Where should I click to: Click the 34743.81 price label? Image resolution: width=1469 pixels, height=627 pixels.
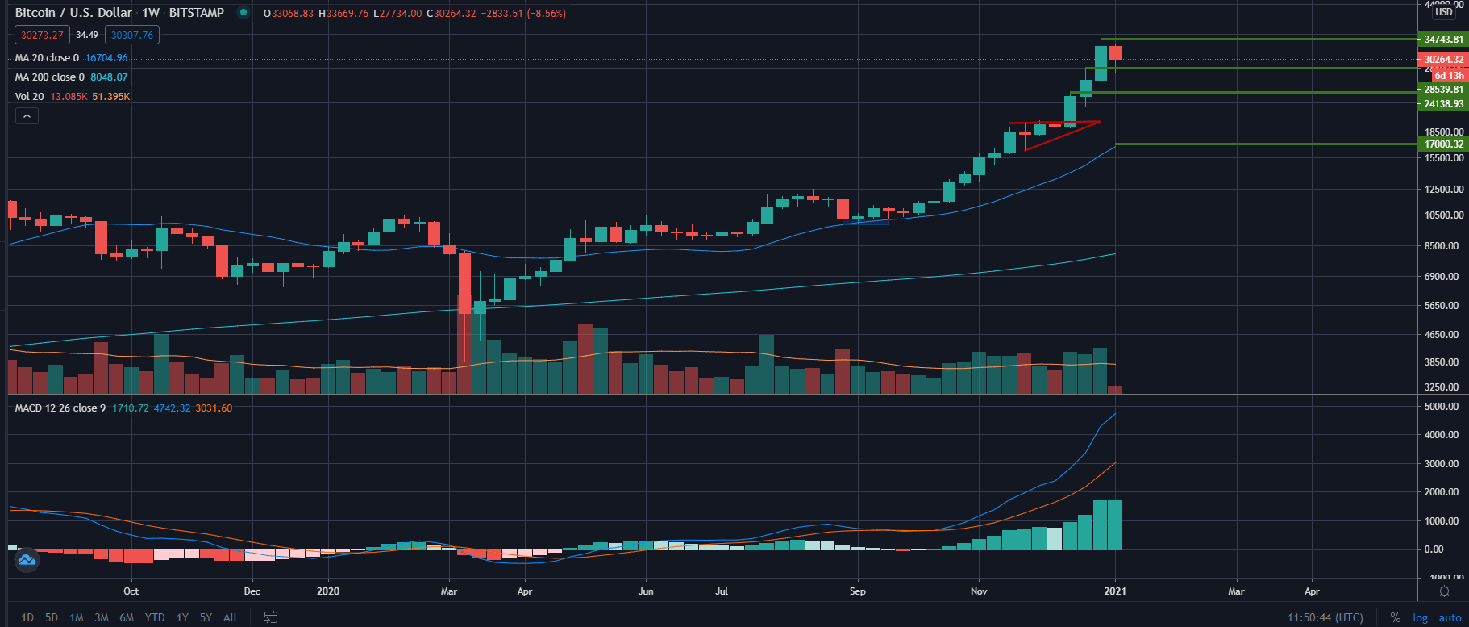1443,40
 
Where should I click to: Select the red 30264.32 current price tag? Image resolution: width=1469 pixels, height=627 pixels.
1442,60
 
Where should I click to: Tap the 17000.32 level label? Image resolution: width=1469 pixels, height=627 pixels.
1443,144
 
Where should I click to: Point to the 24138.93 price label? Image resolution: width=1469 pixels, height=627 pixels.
1443,104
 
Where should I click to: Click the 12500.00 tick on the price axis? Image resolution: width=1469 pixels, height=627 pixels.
1443,190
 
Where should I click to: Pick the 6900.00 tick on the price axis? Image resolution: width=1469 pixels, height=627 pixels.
1443,277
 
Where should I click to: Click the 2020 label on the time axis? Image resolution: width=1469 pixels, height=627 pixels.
328,591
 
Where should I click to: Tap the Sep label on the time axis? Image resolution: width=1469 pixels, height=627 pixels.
857,591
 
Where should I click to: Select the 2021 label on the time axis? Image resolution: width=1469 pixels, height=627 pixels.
1115,591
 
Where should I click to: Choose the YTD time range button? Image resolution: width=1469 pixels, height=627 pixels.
154,617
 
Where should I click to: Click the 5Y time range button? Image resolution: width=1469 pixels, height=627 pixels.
206,617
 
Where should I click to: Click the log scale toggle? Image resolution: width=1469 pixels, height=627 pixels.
1420,617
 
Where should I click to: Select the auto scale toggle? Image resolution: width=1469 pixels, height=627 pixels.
1450,617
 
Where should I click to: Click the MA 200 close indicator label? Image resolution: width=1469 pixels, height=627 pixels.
49,77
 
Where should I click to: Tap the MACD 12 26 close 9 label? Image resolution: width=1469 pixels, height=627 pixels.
60,408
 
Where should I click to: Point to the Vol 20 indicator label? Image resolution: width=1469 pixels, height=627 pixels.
30,97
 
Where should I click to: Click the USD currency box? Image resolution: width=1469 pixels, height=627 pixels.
1443,12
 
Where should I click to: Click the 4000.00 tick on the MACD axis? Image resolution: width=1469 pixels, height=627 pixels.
1442,435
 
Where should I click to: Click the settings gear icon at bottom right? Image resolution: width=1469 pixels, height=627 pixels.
1444,591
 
